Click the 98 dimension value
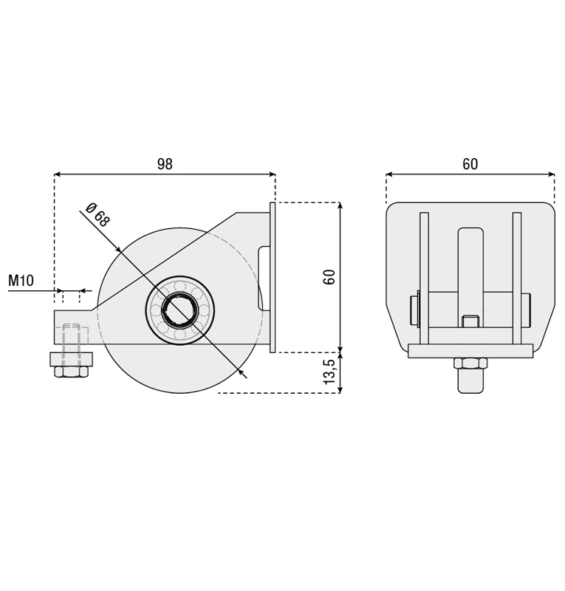165,164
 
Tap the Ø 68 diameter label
97,215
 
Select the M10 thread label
21,281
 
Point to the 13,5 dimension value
329,372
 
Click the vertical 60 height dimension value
329,277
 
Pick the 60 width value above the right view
470,164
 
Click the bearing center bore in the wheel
179,310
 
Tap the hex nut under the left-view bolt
71,372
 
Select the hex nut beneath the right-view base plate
470,363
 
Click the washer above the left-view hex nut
71,359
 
